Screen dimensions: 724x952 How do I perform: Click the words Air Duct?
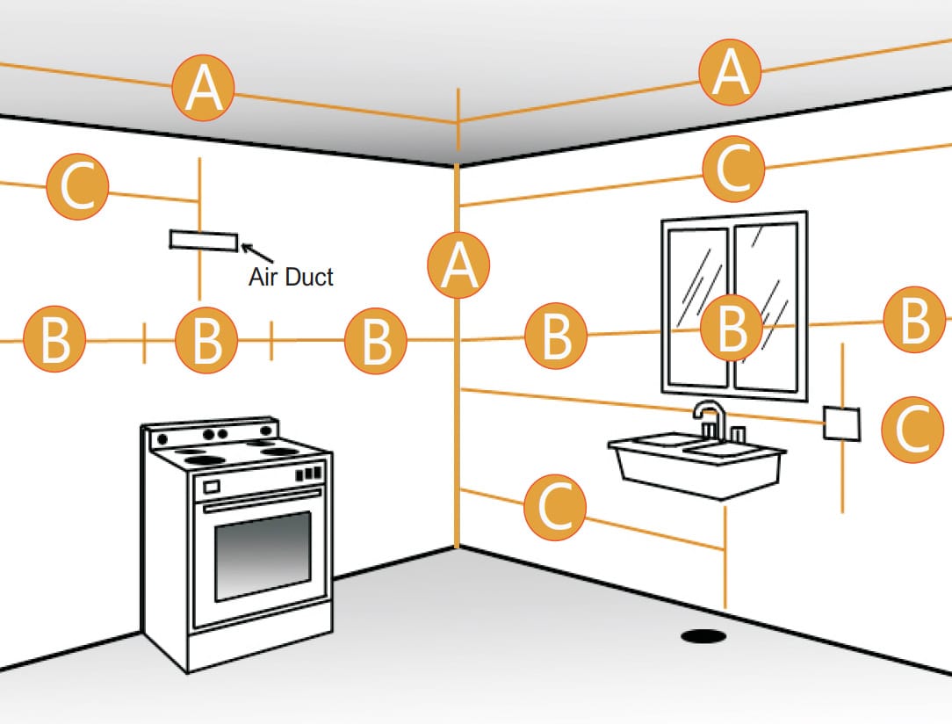(x=291, y=277)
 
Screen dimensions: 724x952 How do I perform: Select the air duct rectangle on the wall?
(x=203, y=240)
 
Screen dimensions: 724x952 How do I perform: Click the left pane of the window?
(x=697, y=307)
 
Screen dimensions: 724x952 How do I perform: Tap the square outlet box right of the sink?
(x=841, y=424)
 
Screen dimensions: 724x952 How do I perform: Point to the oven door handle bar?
(x=262, y=506)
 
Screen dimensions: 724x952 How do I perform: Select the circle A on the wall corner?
(x=458, y=265)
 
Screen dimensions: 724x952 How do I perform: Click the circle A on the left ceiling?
(x=203, y=88)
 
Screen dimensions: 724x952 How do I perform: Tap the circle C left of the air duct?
(x=78, y=187)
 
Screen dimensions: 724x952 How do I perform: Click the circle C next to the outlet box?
(x=914, y=429)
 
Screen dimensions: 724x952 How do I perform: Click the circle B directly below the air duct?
(x=206, y=340)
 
